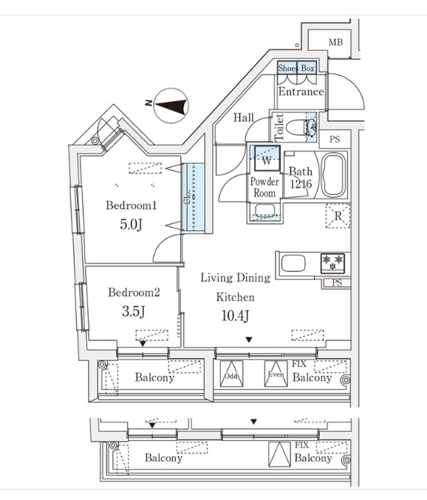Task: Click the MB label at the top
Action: [335, 42]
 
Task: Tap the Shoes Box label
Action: [296, 68]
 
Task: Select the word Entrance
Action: [301, 92]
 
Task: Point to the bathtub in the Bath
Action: [334, 175]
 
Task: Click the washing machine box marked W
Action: [267, 159]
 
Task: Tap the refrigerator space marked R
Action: [338, 216]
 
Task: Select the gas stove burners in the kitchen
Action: [332, 263]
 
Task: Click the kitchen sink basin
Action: [293, 263]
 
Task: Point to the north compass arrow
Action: [171, 106]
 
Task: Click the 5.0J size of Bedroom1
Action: [131, 225]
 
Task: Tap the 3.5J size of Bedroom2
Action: [134, 311]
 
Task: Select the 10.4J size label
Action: [236, 315]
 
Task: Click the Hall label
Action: [244, 117]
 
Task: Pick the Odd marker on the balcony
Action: [231, 376]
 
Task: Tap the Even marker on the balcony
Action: [276, 374]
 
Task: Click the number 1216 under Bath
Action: [301, 184]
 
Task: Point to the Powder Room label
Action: [264, 187]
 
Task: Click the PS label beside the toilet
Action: [335, 140]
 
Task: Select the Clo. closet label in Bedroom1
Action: [188, 197]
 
